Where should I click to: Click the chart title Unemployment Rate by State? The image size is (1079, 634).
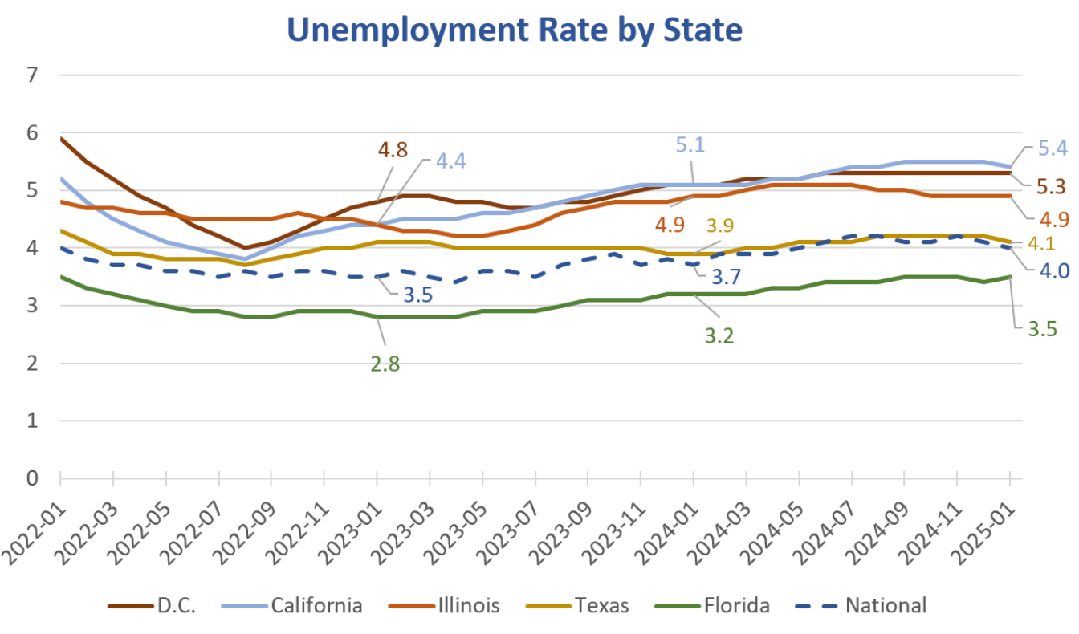pyautogui.click(x=515, y=30)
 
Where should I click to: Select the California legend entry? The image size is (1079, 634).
pyautogui.click(x=316, y=604)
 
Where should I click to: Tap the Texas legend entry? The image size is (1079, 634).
pyautogui.click(x=602, y=604)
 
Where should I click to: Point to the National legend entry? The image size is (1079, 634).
pyautogui.click(x=886, y=604)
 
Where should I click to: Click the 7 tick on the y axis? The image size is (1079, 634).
pyautogui.click(x=32, y=75)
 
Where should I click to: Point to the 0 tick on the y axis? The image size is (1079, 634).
pyautogui.click(x=32, y=478)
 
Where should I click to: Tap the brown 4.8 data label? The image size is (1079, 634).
pyautogui.click(x=393, y=151)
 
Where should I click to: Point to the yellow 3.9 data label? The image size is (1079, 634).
pyautogui.click(x=720, y=226)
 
